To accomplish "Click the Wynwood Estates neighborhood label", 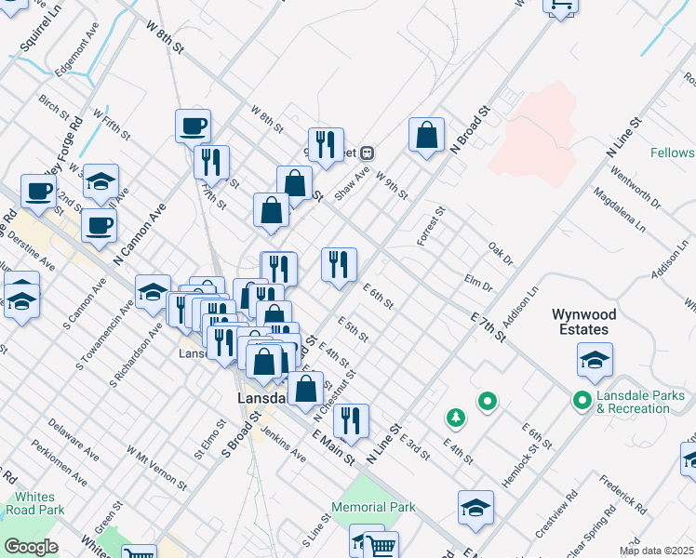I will [594, 322].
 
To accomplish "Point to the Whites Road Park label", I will [34, 504].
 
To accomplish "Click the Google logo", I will [30, 547].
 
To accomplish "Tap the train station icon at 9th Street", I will [368, 153].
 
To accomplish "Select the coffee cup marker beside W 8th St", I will [193, 126].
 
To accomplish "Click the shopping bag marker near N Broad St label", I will [426, 135].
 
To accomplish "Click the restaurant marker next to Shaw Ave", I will [326, 144].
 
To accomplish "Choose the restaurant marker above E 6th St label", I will [339, 263].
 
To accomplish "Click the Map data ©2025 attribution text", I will [658, 550].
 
